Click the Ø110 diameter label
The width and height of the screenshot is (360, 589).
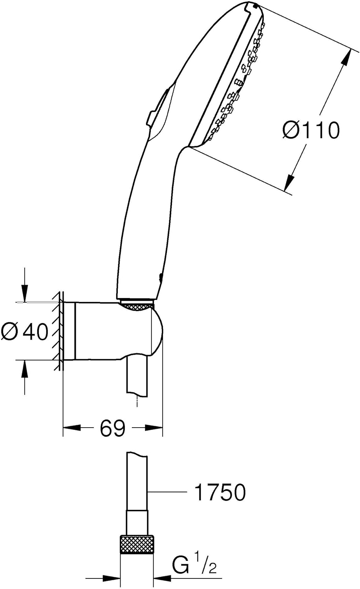tap(311, 130)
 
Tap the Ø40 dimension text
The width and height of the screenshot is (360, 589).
tap(25, 331)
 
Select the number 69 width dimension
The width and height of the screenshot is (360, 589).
tap(113, 428)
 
